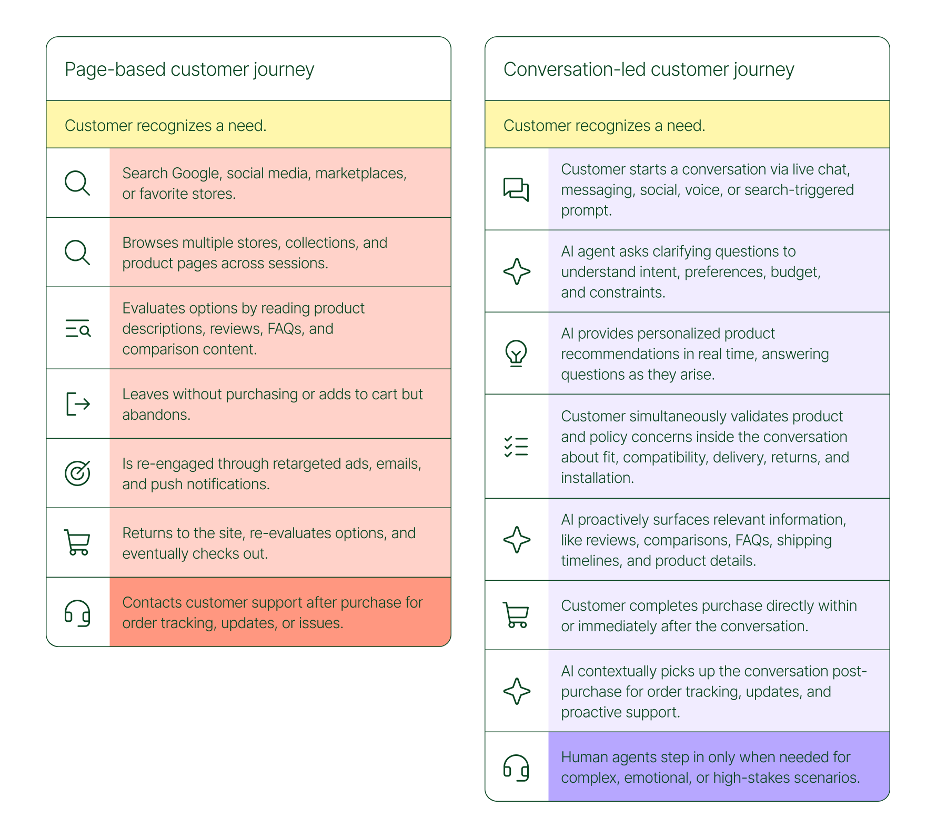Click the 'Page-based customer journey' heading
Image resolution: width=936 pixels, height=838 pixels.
pyautogui.click(x=189, y=69)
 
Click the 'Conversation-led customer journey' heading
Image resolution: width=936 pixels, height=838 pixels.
pyautogui.click(x=648, y=69)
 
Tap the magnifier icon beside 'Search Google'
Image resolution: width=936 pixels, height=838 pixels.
pyautogui.click(x=77, y=183)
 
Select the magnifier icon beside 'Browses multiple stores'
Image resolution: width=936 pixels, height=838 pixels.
pyautogui.click(x=77, y=253)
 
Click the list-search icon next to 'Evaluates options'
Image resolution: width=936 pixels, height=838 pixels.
pyautogui.click(x=78, y=328)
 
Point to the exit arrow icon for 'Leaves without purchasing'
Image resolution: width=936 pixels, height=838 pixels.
pyautogui.click(x=78, y=404)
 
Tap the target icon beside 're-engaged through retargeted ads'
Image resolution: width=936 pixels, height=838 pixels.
pyautogui.click(x=77, y=473)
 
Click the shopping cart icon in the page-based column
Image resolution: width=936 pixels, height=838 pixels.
pyautogui.click(x=77, y=542)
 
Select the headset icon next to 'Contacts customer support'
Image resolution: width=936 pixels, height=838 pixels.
pyautogui.click(x=77, y=613)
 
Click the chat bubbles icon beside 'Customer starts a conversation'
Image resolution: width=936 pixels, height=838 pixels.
pyautogui.click(x=516, y=189)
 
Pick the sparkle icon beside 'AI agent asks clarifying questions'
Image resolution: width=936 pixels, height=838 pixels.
pyautogui.click(x=517, y=271)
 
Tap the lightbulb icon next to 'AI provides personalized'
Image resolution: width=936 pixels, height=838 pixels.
pyautogui.click(x=516, y=353)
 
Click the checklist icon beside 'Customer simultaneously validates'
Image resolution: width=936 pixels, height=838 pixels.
pyautogui.click(x=516, y=447)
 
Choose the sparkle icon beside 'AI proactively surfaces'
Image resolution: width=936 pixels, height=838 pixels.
pyautogui.click(x=517, y=540)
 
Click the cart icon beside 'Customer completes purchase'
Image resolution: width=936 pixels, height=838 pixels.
pyautogui.click(x=516, y=615)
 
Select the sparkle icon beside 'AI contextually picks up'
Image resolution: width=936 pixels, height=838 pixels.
pyautogui.click(x=517, y=691)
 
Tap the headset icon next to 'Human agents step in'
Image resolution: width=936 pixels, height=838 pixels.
pyautogui.click(x=516, y=768)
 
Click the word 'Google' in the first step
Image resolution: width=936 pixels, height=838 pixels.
pyautogui.click(x=196, y=174)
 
